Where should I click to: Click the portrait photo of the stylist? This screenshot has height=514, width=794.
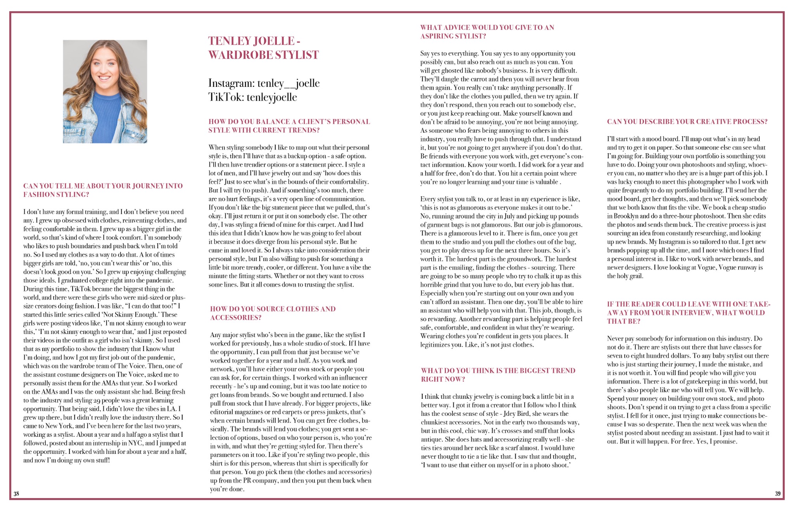[x=105, y=92]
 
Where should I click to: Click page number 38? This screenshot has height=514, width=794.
[x=16, y=493]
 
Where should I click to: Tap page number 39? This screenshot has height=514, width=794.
[x=778, y=493]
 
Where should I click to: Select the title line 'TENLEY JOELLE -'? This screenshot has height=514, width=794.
[x=254, y=41]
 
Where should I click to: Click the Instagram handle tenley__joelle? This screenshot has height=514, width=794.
[x=288, y=83]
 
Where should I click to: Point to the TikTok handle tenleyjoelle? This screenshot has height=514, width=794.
[x=271, y=97]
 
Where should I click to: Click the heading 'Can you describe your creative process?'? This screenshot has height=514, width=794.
[x=687, y=122]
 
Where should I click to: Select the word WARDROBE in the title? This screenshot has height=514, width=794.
[x=236, y=55]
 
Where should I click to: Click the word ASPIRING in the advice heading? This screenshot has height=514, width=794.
[x=435, y=36]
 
